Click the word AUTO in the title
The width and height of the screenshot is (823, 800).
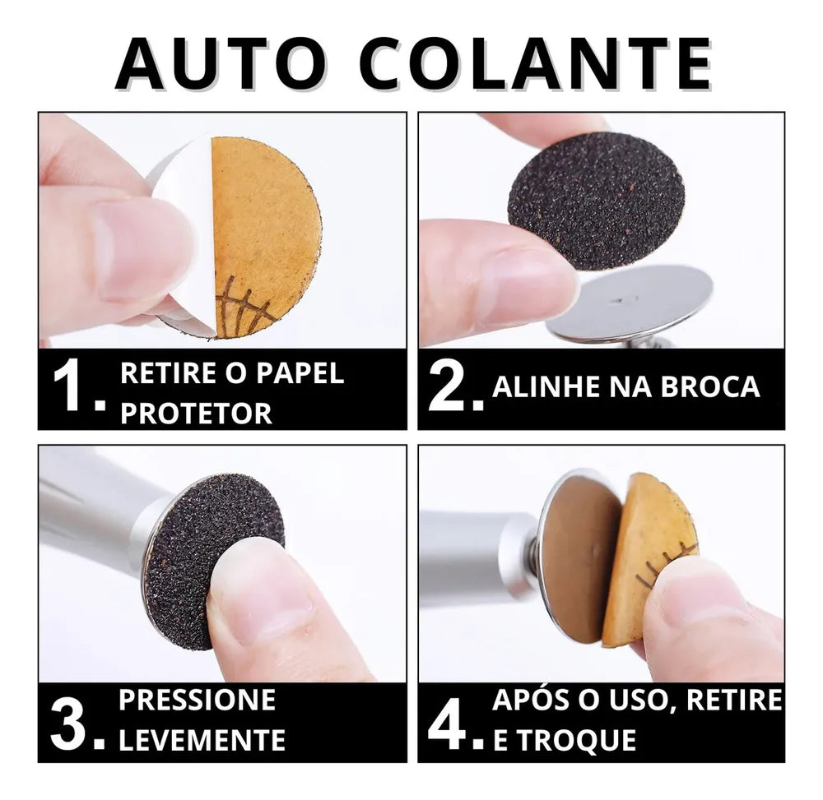click(220, 64)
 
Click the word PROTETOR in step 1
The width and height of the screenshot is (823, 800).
click(197, 413)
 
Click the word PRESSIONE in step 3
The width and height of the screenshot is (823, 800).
click(198, 699)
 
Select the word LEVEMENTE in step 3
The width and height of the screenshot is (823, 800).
click(202, 739)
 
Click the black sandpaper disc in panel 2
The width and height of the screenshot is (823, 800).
click(596, 201)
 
